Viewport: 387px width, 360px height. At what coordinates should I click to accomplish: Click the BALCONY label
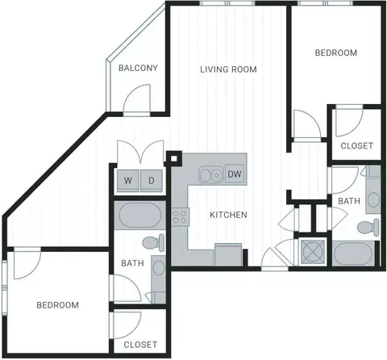pyautogui.click(x=138, y=68)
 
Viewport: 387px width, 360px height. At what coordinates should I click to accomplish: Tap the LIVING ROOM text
pyautogui.click(x=228, y=69)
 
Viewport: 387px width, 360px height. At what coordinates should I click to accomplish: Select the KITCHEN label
pyautogui.click(x=228, y=215)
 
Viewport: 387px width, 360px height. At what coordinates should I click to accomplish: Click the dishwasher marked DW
pyautogui.click(x=235, y=174)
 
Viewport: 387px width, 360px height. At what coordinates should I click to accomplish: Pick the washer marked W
pyautogui.click(x=128, y=180)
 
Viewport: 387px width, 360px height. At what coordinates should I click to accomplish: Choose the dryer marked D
pyautogui.click(x=152, y=180)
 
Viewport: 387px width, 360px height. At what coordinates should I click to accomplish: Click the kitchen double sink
pyautogui.click(x=211, y=175)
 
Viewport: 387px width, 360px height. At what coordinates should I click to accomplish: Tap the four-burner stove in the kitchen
pyautogui.click(x=180, y=217)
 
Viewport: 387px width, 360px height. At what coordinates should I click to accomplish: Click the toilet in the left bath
pyautogui.click(x=153, y=243)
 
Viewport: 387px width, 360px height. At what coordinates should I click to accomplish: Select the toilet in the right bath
pyautogui.click(x=368, y=228)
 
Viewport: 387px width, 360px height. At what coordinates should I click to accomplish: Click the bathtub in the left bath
pyautogui.click(x=139, y=216)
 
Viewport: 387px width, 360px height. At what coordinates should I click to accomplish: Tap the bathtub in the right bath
pyautogui.click(x=353, y=253)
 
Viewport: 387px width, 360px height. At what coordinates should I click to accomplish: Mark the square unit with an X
pyautogui.click(x=313, y=252)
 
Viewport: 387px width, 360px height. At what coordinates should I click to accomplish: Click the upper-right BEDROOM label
pyautogui.click(x=336, y=52)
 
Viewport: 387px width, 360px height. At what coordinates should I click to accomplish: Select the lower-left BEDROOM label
pyautogui.click(x=58, y=305)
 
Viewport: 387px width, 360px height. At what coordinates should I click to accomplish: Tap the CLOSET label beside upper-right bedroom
pyautogui.click(x=357, y=146)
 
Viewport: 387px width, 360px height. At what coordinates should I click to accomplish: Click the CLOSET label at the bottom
pyautogui.click(x=140, y=345)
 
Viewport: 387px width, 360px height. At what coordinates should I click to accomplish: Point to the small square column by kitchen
pyautogui.click(x=173, y=158)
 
